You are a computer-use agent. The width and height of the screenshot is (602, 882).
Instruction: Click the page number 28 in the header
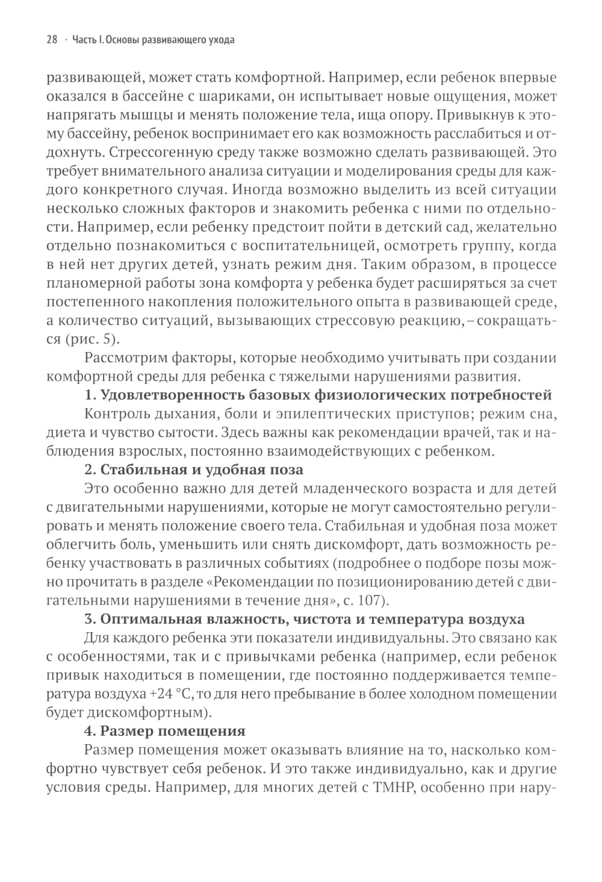coord(52,40)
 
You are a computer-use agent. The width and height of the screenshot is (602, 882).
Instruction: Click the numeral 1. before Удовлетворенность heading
coord(90,395)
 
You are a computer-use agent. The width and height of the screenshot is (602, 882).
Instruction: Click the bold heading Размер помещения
coord(164,731)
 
